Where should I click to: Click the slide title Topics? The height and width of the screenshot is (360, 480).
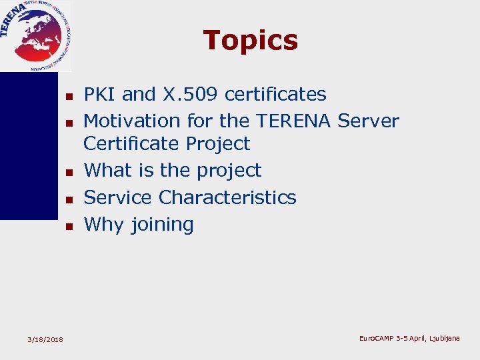coord(250,40)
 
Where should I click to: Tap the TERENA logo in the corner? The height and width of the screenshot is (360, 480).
coord(35,35)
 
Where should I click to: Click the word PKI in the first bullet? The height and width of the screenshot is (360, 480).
coord(97,95)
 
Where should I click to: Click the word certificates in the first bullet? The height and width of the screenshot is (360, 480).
coord(275,95)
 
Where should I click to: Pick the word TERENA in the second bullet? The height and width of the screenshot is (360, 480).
coord(293,121)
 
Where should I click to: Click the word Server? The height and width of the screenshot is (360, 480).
coord(368,121)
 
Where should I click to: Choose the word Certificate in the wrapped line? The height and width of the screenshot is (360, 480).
coord(132,144)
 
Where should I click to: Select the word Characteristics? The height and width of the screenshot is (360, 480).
coord(227,197)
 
